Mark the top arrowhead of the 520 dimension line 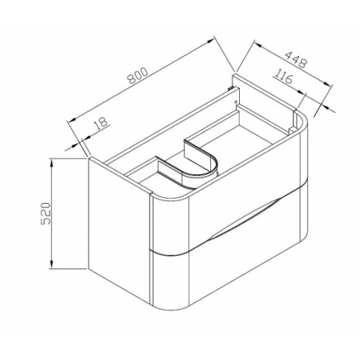(x=53, y=163)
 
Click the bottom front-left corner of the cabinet (x=89, y=269)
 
